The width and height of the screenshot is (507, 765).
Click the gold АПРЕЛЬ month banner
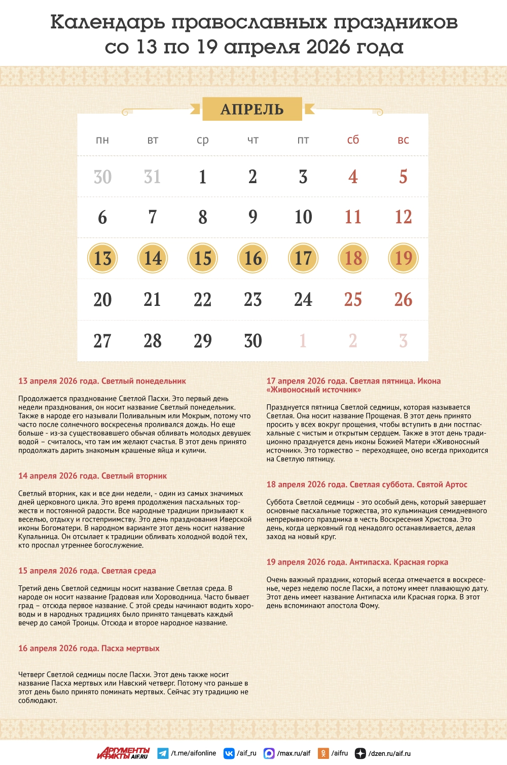pyautogui.click(x=252, y=109)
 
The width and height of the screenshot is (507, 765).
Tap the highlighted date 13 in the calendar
pyautogui.click(x=102, y=258)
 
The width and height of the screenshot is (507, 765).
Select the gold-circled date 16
pyautogui.click(x=252, y=258)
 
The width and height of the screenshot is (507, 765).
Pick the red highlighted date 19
pyautogui.click(x=403, y=258)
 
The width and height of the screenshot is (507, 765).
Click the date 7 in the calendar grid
pyautogui.click(x=152, y=217)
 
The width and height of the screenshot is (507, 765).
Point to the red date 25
pyautogui.click(x=353, y=299)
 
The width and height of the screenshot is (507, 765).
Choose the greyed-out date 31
pyautogui.click(x=152, y=177)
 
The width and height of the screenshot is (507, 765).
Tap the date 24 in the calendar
pyautogui.click(x=303, y=299)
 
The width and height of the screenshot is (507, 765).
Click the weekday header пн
pyautogui.click(x=102, y=140)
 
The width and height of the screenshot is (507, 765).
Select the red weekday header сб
pyautogui.click(x=353, y=140)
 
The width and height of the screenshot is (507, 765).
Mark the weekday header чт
pyautogui.click(x=252, y=140)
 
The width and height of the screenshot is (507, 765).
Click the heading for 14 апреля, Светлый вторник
pyautogui.click(x=92, y=476)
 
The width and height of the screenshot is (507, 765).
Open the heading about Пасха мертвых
pyautogui.click(x=89, y=648)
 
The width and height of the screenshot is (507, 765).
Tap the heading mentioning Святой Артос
pyautogui.click(x=367, y=484)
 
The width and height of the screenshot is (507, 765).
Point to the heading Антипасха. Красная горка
pyautogui.click(x=357, y=562)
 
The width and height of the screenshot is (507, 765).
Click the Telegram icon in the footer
pyautogui.click(x=163, y=753)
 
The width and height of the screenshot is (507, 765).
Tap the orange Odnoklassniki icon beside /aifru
pyautogui.click(x=323, y=753)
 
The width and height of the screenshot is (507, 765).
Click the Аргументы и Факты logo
pyautogui.click(x=123, y=753)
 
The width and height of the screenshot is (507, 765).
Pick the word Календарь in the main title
pyautogui.click(x=107, y=22)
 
